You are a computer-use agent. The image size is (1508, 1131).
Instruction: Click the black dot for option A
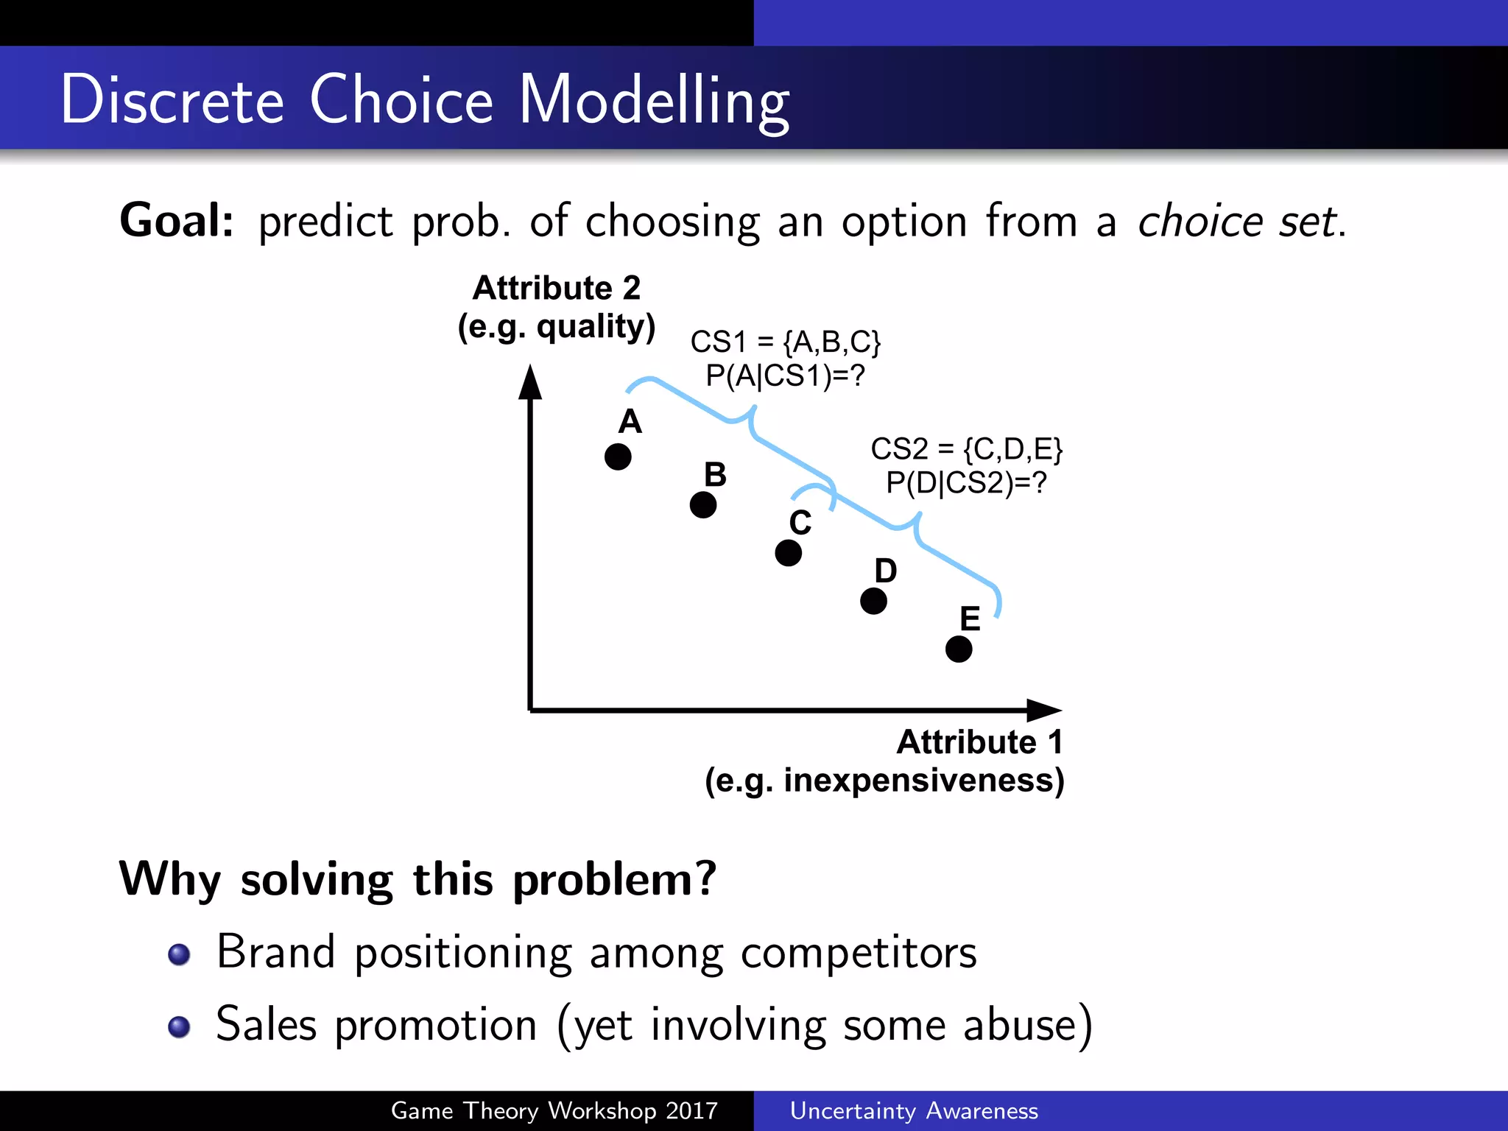point(618,457)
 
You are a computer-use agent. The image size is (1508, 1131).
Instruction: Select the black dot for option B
point(703,505)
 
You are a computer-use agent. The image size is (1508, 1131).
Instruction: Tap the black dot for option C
point(788,553)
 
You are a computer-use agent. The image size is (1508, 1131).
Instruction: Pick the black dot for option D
point(873,601)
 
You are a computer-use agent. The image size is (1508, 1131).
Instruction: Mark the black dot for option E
point(959,649)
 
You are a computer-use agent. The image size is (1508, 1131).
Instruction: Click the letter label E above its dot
point(970,619)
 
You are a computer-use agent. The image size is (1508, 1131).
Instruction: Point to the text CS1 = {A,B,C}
point(785,342)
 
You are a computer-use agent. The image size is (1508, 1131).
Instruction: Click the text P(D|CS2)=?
point(966,483)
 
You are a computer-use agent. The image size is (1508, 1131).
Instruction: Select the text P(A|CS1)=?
point(785,376)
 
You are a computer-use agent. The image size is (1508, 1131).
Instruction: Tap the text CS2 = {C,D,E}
point(966,449)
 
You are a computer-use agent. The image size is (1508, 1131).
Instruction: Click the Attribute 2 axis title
point(557,288)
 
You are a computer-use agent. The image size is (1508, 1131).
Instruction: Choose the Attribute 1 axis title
point(979,742)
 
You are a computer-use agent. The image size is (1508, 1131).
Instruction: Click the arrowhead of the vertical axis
point(530,382)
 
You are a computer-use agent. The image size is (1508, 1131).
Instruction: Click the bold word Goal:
point(177,221)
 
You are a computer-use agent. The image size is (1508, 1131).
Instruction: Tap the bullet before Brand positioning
point(179,954)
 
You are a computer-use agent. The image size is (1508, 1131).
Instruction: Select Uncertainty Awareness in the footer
point(914,1110)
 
